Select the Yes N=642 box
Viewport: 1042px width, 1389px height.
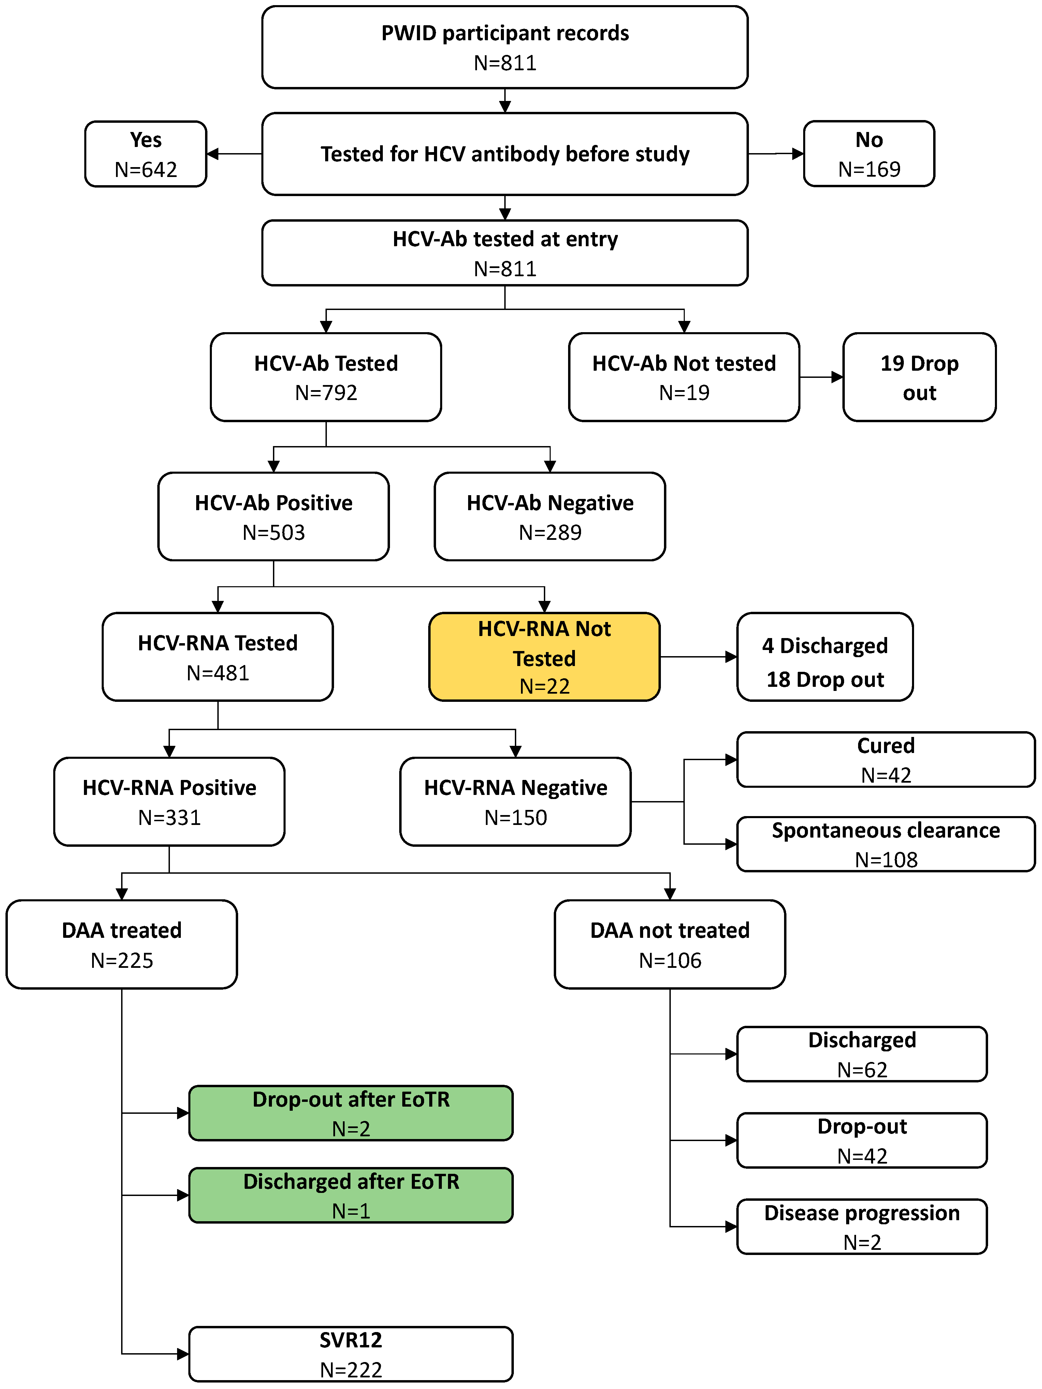[x=146, y=154]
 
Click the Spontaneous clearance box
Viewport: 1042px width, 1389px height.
[x=886, y=844]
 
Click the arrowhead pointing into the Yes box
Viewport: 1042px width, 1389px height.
[x=212, y=154]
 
